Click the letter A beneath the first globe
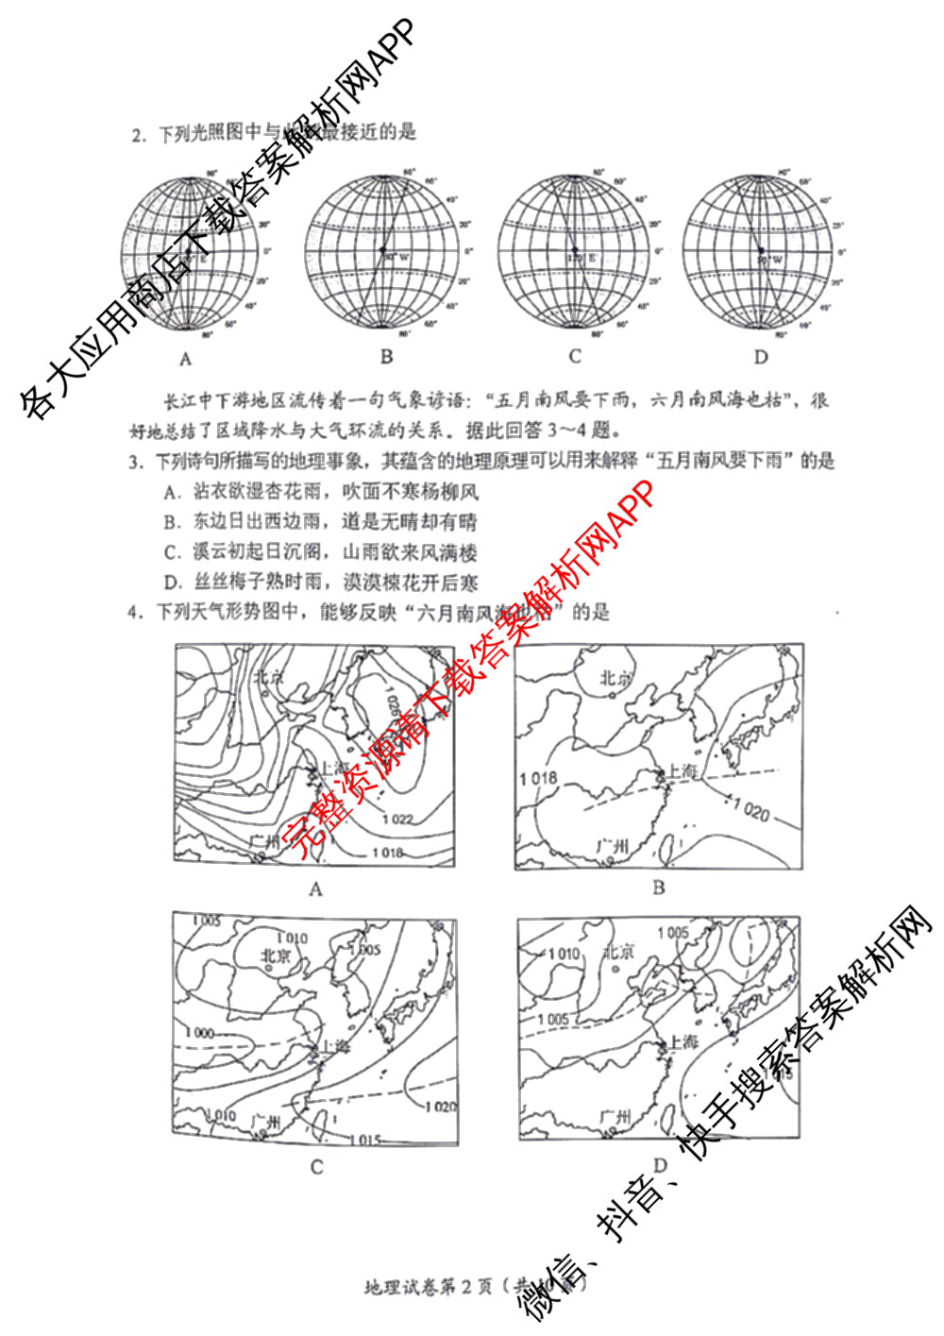[186, 359]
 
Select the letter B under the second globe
[386, 357]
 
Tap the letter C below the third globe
[575, 357]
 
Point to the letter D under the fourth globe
[761, 357]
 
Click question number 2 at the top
[138, 135]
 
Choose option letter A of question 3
[171, 492]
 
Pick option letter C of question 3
[171, 552]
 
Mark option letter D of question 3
[171, 583]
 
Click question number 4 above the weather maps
[134, 613]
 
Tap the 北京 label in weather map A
[268, 677]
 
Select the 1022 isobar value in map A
[397, 819]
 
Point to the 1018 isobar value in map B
[538, 778]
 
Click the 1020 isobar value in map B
[751, 809]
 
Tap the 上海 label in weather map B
[683, 771]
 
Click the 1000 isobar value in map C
[199, 1033]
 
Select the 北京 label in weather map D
[618, 952]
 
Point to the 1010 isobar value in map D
[564, 954]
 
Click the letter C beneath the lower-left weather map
[317, 1167]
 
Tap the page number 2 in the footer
[465, 1288]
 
